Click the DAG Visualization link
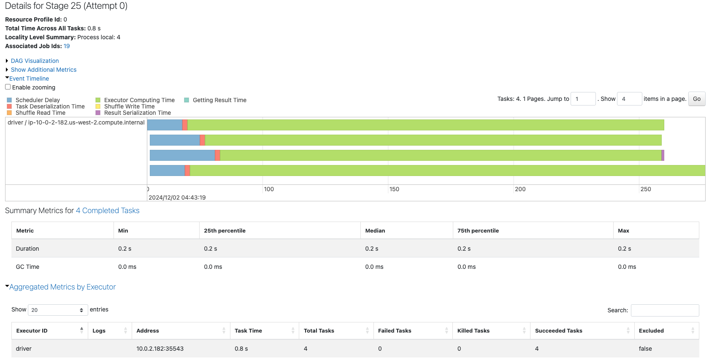coord(35,61)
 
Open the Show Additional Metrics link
coord(43,70)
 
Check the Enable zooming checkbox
coord(8,87)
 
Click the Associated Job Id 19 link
coord(67,46)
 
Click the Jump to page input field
coord(583,99)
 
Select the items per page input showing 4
coord(629,99)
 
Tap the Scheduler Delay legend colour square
coord(9,100)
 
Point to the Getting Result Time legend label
coord(219,100)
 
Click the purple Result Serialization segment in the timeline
coord(663,155)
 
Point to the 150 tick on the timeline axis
coord(394,189)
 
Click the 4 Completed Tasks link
coord(108,211)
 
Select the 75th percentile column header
coord(478,230)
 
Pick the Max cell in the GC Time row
coord(627,267)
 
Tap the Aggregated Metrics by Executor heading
coord(62,287)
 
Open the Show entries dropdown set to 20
coord(58,310)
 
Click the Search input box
coord(665,310)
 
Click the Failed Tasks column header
coord(395,330)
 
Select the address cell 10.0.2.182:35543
coord(160,349)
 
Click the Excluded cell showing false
coord(645,349)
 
